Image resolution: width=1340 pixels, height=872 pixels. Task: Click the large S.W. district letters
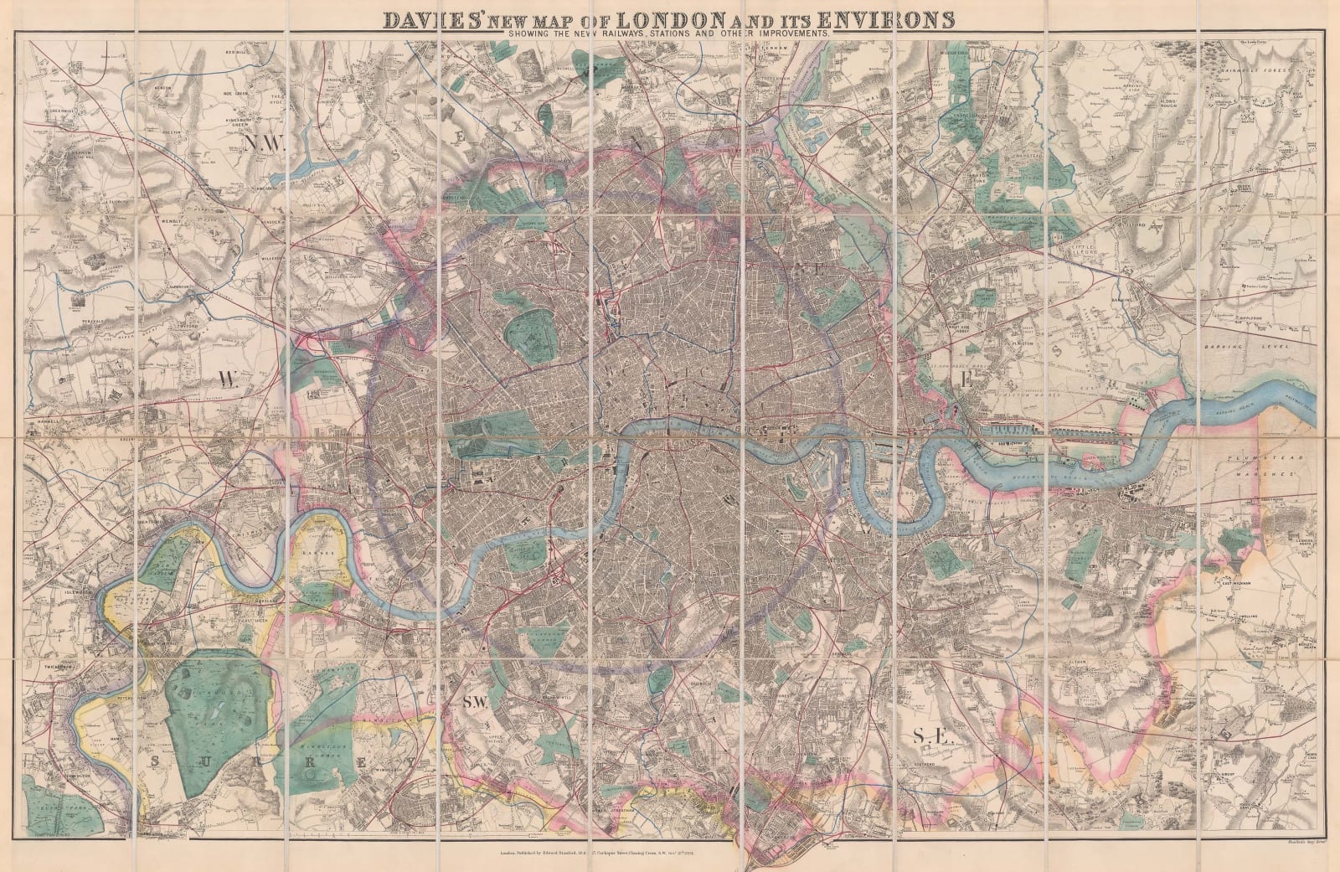[x=475, y=705]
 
